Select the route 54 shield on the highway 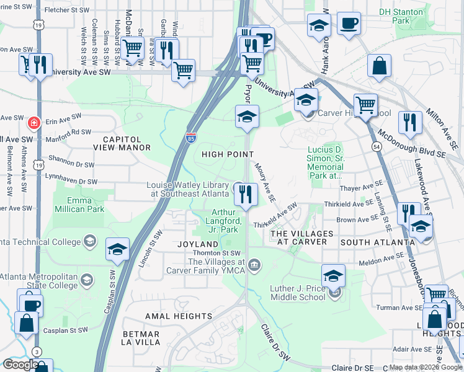377,146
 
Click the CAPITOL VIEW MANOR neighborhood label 122,143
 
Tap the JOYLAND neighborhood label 198,244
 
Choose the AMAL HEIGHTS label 179,316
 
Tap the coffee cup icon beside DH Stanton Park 349,24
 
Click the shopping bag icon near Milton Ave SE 379,65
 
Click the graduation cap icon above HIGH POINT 247,117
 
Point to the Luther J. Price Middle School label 298,293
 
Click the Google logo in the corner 20,365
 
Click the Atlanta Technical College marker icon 90,241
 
